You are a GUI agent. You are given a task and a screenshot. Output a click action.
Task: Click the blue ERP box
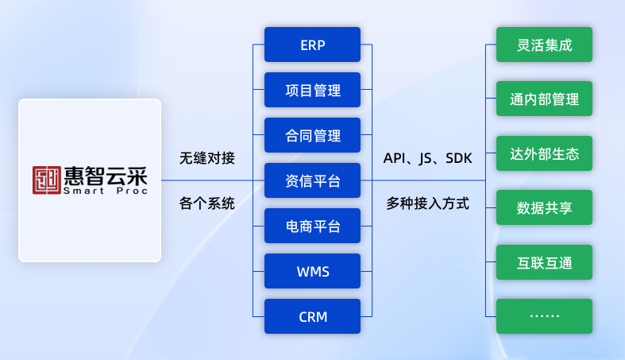[x=312, y=45]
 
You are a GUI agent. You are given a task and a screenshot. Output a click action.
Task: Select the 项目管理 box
[x=312, y=90]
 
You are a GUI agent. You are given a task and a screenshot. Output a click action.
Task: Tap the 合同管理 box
[x=312, y=135]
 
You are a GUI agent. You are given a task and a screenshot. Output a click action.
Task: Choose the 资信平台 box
[x=312, y=180]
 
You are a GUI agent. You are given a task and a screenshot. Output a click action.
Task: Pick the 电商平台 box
[x=312, y=226]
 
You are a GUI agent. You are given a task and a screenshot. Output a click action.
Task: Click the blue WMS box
[x=312, y=271]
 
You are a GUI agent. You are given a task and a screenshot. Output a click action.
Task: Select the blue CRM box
[x=312, y=316]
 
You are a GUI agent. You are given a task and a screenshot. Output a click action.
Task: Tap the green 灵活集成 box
[x=544, y=45]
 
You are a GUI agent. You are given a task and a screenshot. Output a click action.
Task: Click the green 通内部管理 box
[x=544, y=99]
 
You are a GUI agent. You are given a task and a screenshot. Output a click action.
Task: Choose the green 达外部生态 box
[x=544, y=153]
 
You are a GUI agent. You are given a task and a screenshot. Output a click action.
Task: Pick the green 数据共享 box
[x=544, y=207]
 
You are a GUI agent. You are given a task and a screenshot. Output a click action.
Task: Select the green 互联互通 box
[x=544, y=261]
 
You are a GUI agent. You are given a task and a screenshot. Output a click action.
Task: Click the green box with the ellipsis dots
[x=544, y=315]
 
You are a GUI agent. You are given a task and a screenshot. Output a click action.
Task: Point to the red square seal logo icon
[x=47, y=180]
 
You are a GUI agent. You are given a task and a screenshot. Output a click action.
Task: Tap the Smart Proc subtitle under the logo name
[x=102, y=192]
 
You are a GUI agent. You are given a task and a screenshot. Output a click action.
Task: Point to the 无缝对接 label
[x=207, y=157]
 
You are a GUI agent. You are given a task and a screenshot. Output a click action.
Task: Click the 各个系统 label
[x=207, y=203]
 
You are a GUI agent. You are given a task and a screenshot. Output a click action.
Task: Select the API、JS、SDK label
[x=427, y=157]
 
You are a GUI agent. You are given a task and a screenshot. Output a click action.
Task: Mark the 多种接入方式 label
[x=427, y=203]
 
